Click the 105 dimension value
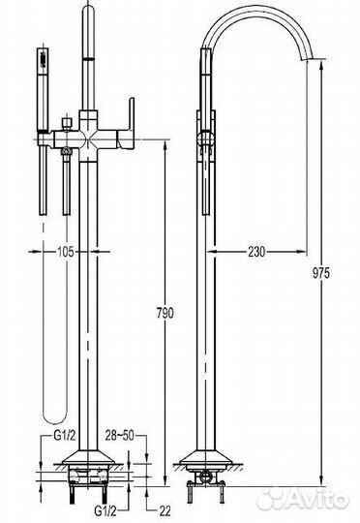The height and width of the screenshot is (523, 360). pyautogui.click(x=66, y=252)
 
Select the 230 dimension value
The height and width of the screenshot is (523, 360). pyautogui.click(x=256, y=252)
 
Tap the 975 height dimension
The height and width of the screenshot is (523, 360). pyautogui.click(x=321, y=273)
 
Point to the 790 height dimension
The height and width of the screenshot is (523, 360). pyautogui.click(x=165, y=313)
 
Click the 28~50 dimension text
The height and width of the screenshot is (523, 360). pyautogui.click(x=120, y=436)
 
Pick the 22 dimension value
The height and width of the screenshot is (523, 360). pyautogui.click(x=164, y=511)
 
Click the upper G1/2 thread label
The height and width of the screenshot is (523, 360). pyautogui.click(x=64, y=436)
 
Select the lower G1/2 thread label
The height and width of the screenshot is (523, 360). pyautogui.click(x=105, y=511)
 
